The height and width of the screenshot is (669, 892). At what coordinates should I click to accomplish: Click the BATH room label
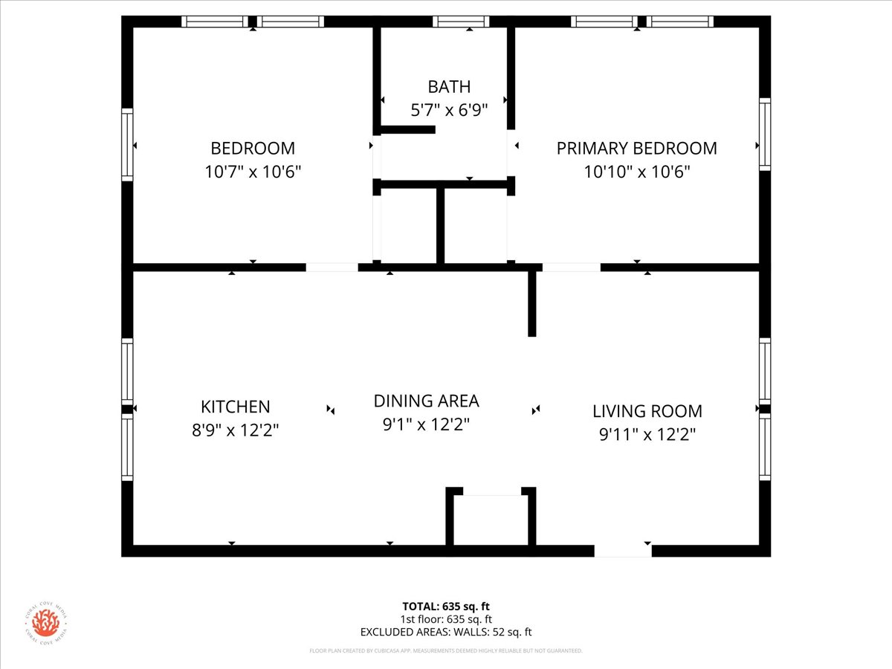coord(449,87)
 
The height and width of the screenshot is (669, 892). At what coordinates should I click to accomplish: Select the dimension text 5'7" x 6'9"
coord(449,111)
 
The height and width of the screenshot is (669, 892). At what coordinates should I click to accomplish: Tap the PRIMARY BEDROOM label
coord(636,148)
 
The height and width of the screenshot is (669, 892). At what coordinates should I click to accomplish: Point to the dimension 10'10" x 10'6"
coord(636,172)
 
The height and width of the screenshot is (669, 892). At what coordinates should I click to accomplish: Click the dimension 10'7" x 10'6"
coord(253,172)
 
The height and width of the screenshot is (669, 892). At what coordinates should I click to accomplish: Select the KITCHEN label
coord(236,407)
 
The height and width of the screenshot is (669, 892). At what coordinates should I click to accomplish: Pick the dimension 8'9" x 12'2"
coord(236,430)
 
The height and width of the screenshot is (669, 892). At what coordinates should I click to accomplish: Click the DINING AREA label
coord(426,401)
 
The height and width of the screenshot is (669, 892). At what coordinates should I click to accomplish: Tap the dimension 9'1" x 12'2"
coord(426,425)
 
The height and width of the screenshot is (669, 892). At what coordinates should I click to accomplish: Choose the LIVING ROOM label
coord(647,411)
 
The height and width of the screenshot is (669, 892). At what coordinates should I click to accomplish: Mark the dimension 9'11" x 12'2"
coord(647,435)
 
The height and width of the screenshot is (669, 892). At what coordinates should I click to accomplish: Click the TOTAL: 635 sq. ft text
coord(446,607)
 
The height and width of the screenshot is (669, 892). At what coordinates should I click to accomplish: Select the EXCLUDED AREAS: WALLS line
coord(446,633)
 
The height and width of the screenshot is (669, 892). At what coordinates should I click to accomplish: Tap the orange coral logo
coord(45,623)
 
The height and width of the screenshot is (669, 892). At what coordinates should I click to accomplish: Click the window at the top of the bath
coord(461,22)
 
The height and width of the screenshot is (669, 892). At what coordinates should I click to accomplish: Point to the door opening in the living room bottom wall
coord(623,551)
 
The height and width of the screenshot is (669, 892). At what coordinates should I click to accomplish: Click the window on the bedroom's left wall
coord(127,144)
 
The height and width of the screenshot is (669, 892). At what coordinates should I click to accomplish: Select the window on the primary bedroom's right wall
coord(764,134)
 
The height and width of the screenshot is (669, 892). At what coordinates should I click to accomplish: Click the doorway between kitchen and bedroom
coord(332,267)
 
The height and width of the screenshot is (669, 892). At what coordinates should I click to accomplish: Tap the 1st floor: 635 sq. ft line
coord(446,619)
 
